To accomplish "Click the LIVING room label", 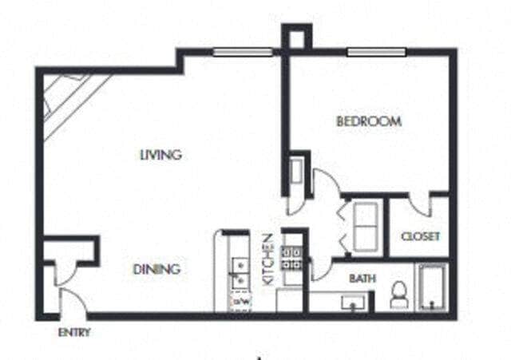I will [x=160, y=155].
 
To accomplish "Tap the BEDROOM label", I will [x=368, y=122].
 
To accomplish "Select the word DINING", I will [x=156, y=269].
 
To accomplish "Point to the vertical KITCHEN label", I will [x=269, y=260].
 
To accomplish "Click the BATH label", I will [x=362, y=279].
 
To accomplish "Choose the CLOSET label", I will [x=420, y=237].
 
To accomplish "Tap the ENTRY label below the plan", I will [x=73, y=333].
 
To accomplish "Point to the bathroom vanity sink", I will [x=351, y=303].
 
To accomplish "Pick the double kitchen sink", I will [x=239, y=271].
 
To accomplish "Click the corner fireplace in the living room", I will [x=68, y=100].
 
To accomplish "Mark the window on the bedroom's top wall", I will [x=376, y=53].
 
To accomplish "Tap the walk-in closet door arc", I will [x=420, y=206].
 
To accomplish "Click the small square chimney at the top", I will [x=295, y=36].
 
